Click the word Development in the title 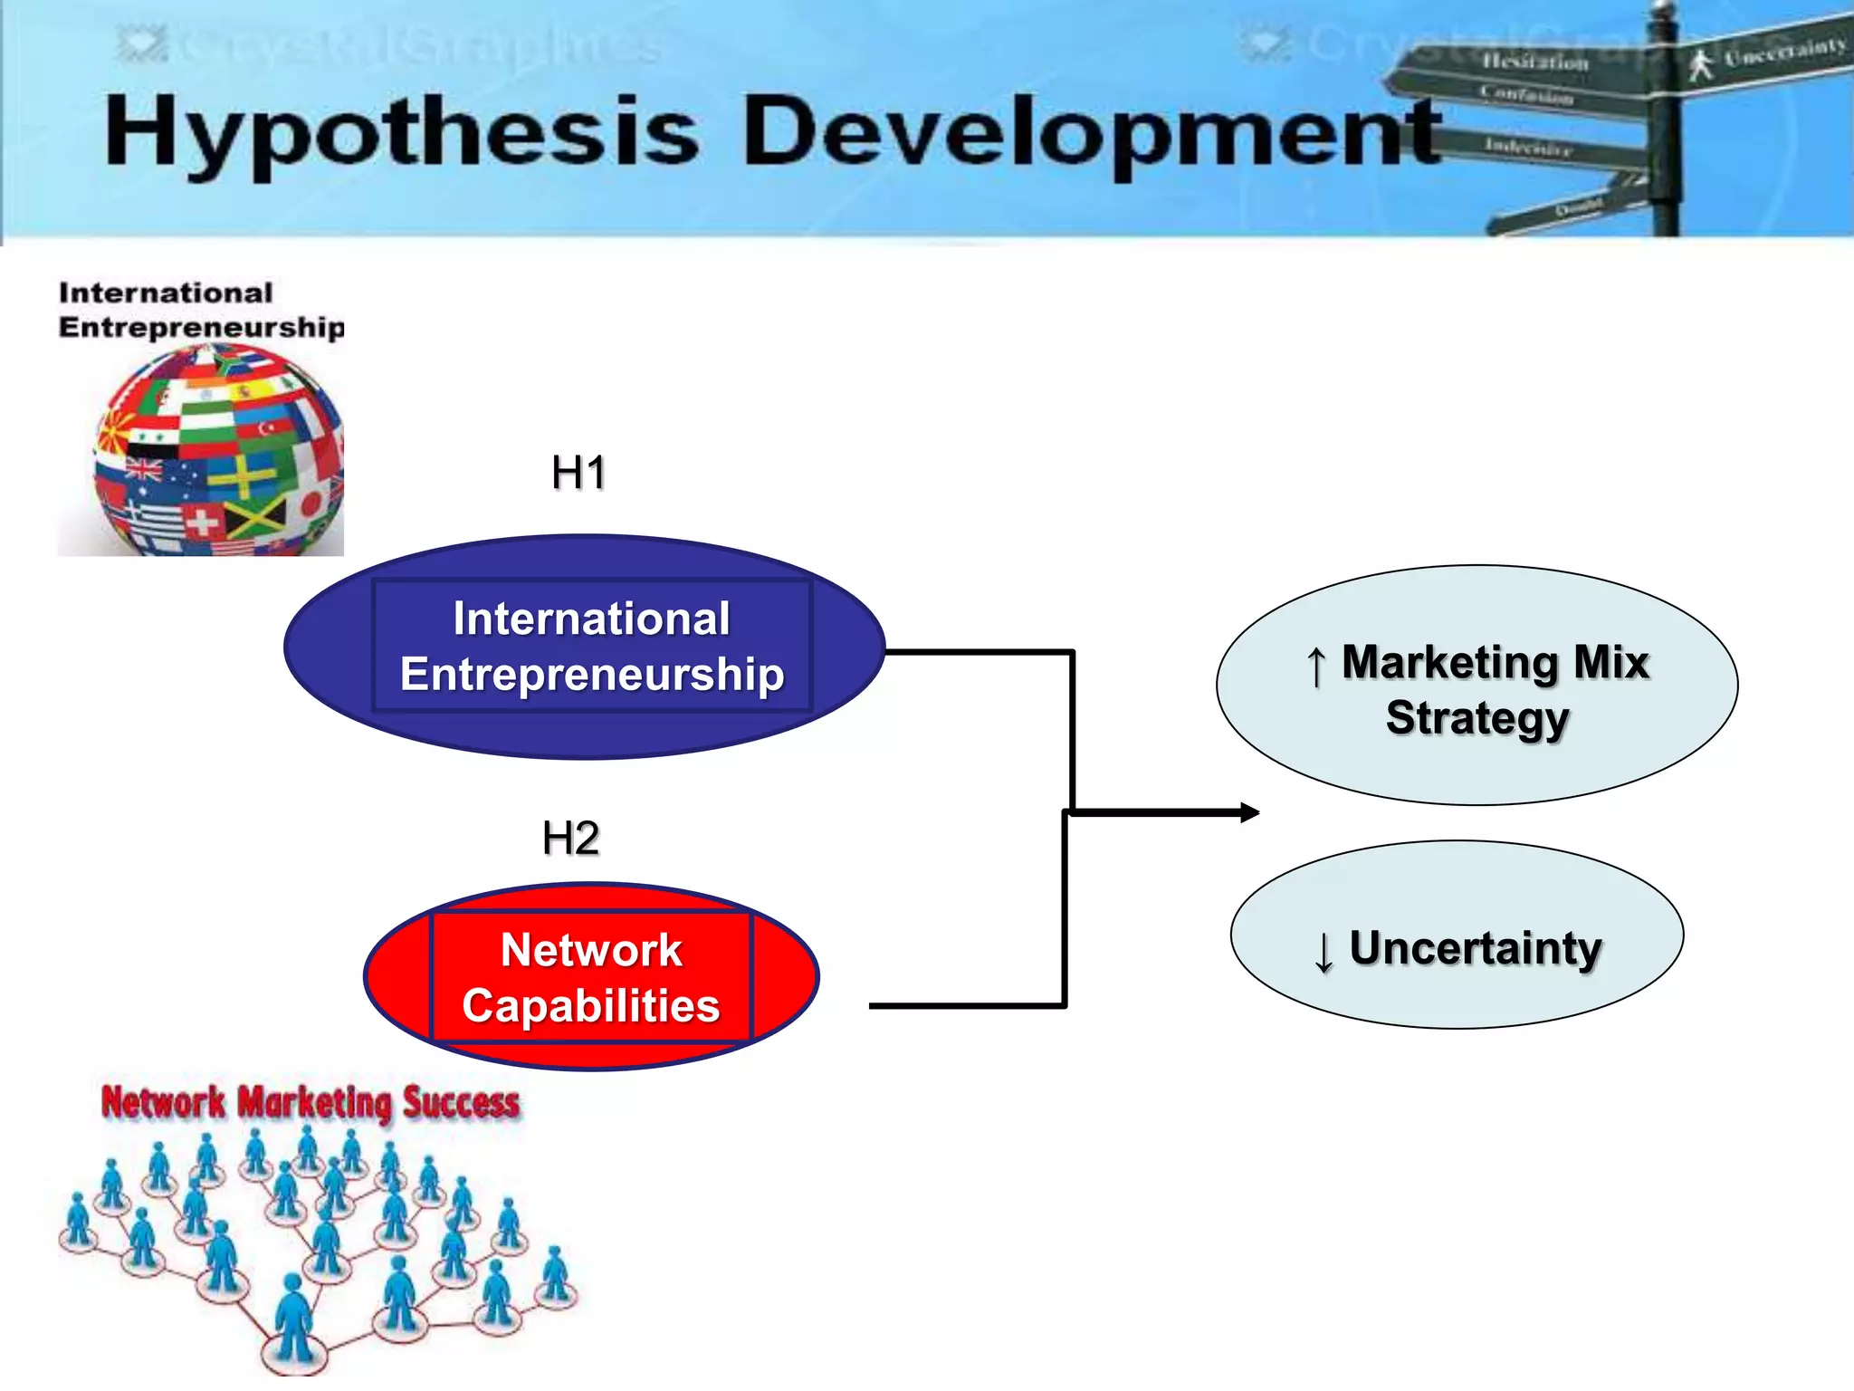[1091, 134]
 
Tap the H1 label [578, 473]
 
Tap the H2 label [570, 839]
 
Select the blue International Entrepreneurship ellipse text [592, 647]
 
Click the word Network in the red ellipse [591, 950]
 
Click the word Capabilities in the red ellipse [591, 1006]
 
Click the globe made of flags [220, 451]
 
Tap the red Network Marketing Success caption [311, 1103]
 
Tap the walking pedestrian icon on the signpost [1702, 65]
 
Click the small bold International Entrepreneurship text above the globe [201, 310]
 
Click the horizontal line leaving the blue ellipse [978, 651]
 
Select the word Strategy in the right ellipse [1477, 718]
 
